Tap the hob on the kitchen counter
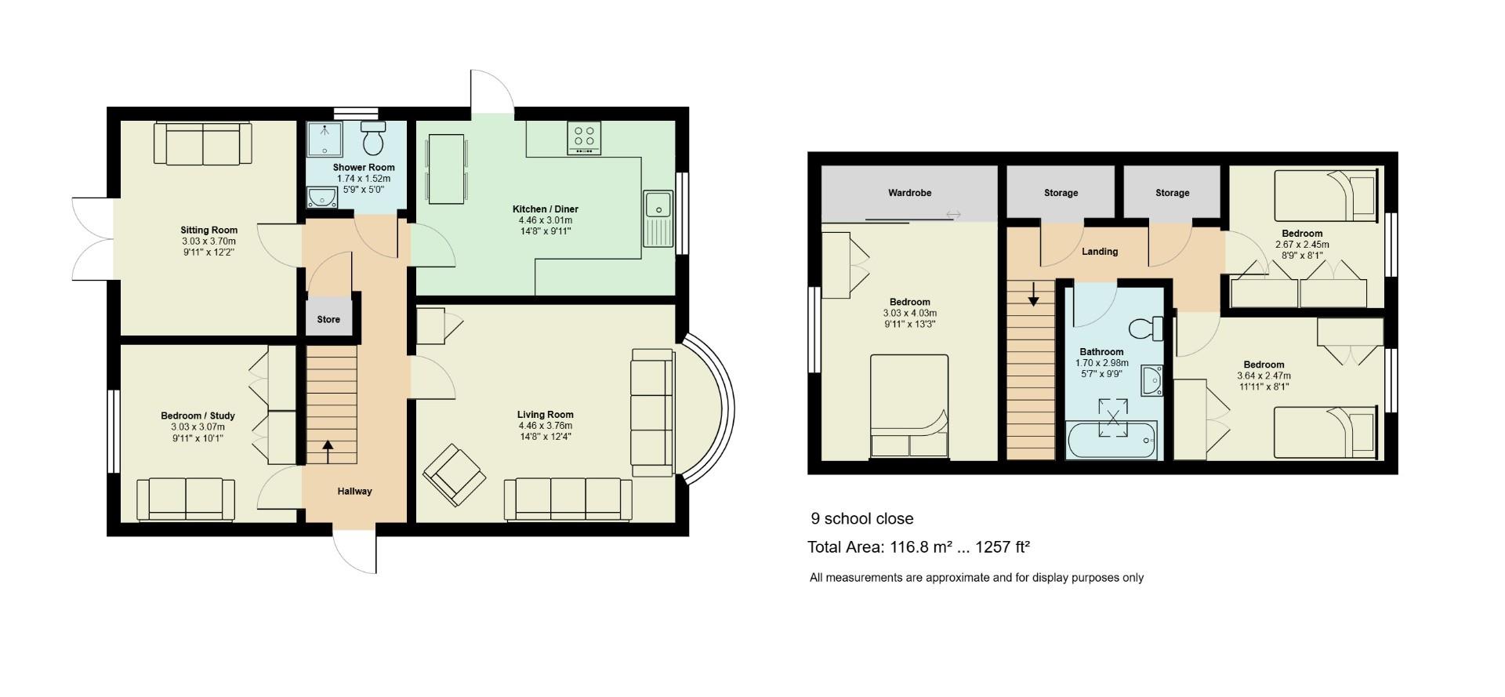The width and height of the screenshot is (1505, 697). pyautogui.click(x=584, y=138)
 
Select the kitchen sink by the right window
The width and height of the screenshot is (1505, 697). pyautogui.click(x=658, y=219)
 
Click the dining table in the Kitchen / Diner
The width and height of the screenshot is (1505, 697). pyautogui.click(x=446, y=169)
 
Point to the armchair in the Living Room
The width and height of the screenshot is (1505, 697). pyautogui.click(x=454, y=475)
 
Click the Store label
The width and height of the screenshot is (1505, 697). pyautogui.click(x=328, y=320)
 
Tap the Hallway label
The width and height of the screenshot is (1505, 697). pyautogui.click(x=354, y=492)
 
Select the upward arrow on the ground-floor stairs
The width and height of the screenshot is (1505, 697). pyautogui.click(x=328, y=452)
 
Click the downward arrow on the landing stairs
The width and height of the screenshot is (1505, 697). pyautogui.click(x=1034, y=294)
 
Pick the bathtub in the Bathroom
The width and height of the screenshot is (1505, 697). pyautogui.click(x=1112, y=441)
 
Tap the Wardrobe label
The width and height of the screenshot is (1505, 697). pyautogui.click(x=909, y=193)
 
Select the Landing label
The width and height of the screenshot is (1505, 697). pyautogui.click(x=1100, y=252)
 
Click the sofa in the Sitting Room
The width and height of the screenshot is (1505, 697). pyautogui.click(x=203, y=143)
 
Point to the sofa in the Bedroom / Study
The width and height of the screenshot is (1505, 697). pyautogui.click(x=186, y=499)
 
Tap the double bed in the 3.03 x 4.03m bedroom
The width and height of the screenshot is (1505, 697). pyautogui.click(x=909, y=406)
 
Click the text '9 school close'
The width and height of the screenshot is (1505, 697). pyautogui.click(x=862, y=519)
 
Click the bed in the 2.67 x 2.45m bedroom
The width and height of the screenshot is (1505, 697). pyautogui.click(x=1325, y=196)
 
